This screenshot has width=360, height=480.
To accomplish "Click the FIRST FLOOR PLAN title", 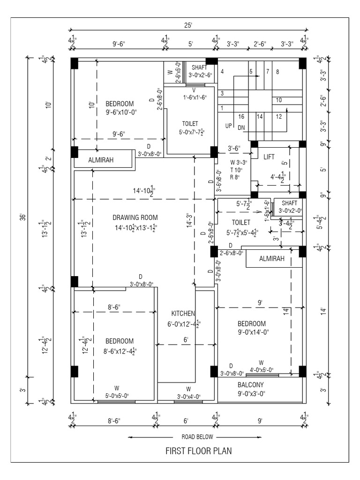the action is point(198,450).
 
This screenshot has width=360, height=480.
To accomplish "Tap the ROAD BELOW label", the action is point(197,437).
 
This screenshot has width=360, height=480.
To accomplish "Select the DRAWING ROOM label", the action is point(135,217).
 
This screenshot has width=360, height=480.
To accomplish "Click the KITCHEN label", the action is point(183,314).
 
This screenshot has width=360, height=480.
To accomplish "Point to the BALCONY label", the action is point(250,385).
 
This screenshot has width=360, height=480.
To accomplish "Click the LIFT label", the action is point(269,157).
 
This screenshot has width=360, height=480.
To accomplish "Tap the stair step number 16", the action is point(241,117).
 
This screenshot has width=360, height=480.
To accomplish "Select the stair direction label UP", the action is point(228,126).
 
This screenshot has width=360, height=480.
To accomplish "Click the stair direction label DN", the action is point(241,127).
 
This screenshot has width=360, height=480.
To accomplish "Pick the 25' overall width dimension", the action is point(188,25).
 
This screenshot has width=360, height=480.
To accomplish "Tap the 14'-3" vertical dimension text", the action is point(190,220).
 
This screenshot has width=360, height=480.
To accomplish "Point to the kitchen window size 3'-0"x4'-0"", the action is point(188,397).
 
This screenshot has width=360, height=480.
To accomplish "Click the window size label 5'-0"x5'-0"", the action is point(117,396).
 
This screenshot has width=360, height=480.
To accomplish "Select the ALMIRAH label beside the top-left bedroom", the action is point(101,160).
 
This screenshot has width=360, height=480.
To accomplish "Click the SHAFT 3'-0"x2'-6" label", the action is point(200,71).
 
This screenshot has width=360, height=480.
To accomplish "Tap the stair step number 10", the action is point(278,100).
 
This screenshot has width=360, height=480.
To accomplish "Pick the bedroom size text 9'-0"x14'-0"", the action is point(253,332).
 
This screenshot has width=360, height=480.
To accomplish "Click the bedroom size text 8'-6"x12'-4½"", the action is point(120,352).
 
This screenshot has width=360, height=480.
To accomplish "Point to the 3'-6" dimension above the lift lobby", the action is point(234,149).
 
